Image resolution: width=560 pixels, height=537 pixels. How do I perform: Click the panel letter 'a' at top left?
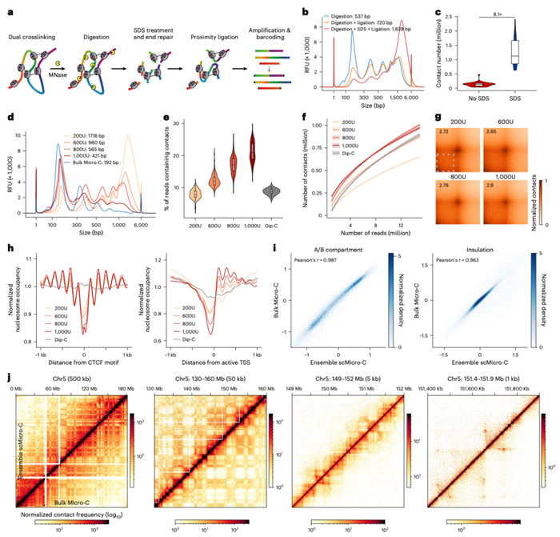tap(6, 10)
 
